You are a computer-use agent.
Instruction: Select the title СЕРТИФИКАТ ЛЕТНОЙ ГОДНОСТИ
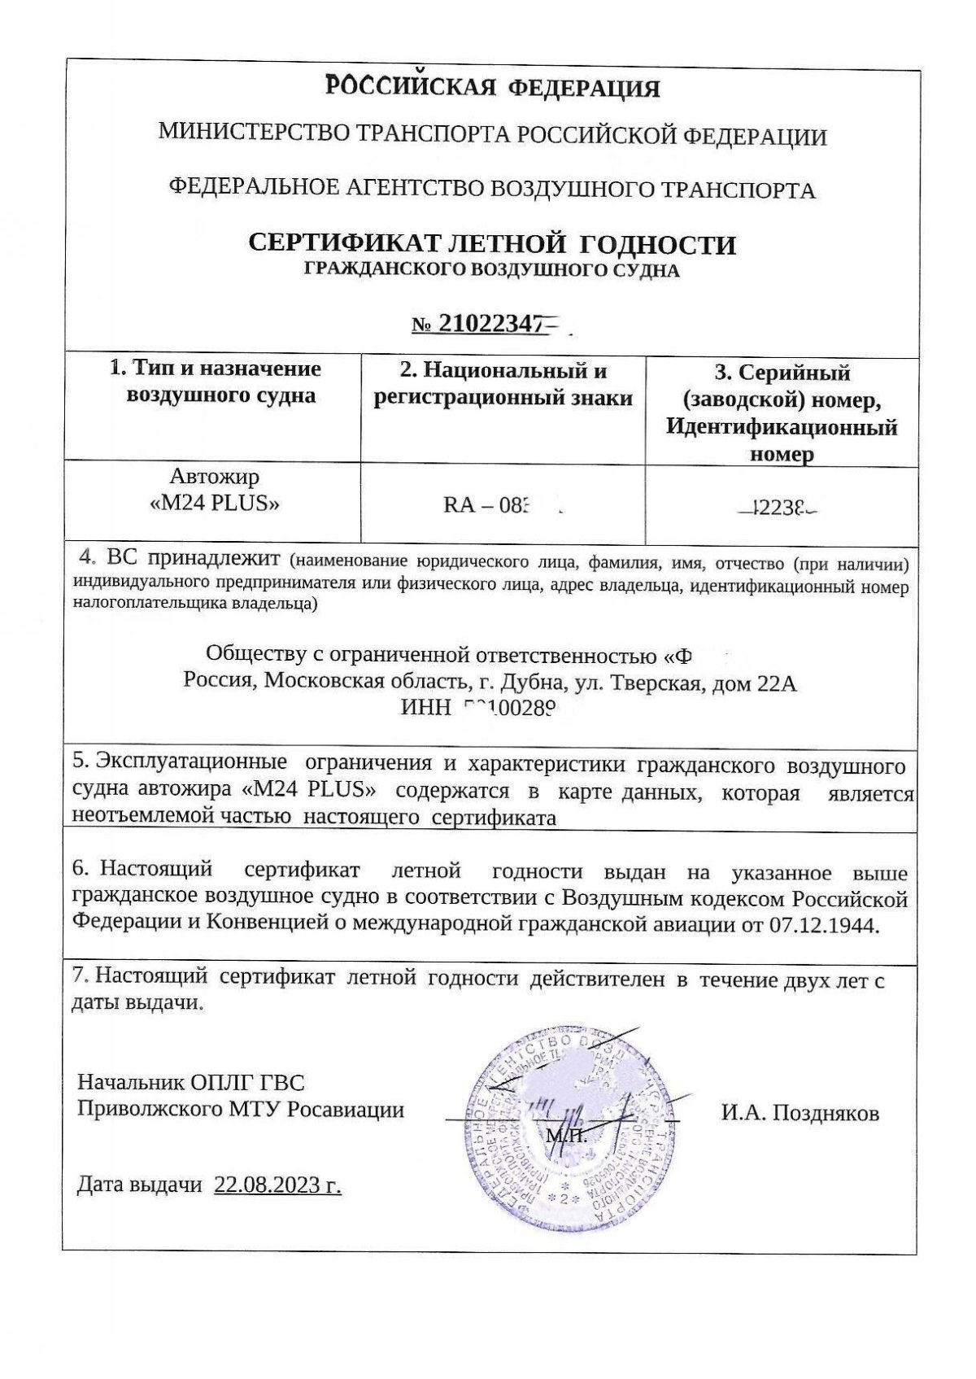(492, 243)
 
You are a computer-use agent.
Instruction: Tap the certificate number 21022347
(491, 324)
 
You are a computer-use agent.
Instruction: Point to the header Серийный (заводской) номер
(782, 413)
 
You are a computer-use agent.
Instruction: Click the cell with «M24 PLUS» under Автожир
(216, 503)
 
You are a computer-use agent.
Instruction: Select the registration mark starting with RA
(488, 507)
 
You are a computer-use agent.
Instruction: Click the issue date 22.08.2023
(277, 1185)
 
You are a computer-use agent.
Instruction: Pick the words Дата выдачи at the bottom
(139, 1185)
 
